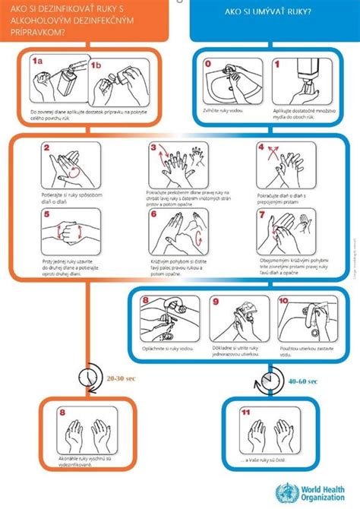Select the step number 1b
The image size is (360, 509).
pos(96,65)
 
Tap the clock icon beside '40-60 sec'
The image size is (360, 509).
pos(267,378)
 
